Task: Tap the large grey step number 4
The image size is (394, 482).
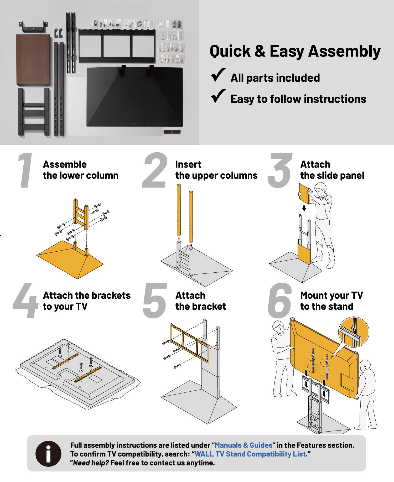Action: (x=26, y=301)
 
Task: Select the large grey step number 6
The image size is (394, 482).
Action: (x=280, y=301)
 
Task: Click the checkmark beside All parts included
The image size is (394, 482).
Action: (x=218, y=75)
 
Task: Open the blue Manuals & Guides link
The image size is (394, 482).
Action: (x=243, y=445)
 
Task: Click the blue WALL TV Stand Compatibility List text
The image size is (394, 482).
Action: (x=250, y=454)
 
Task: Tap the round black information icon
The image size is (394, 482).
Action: (x=48, y=454)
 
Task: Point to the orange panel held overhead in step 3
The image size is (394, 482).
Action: (x=305, y=194)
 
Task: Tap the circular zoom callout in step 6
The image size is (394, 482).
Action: (x=354, y=333)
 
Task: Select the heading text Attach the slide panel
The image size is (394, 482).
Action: (x=332, y=170)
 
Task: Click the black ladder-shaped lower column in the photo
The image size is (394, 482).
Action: (x=34, y=112)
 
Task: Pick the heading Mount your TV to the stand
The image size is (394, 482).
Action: (x=331, y=301)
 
